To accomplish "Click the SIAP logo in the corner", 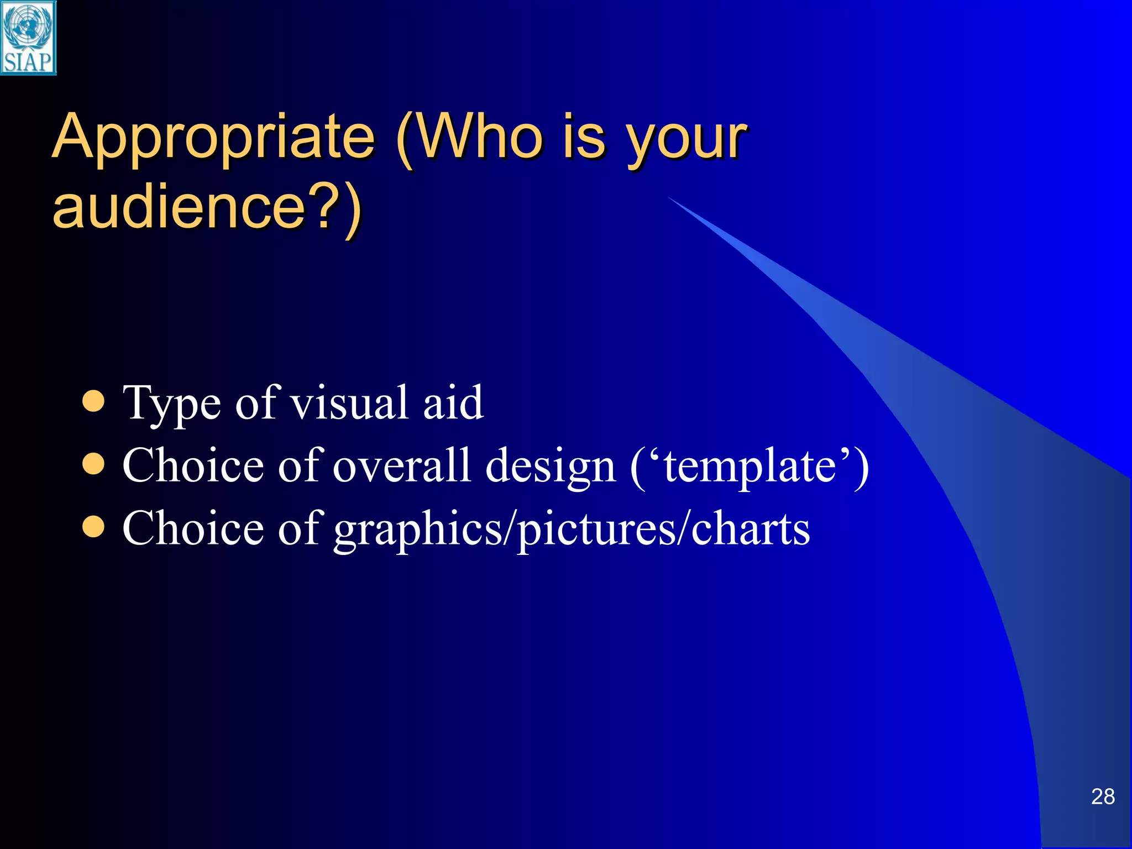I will [28, 38].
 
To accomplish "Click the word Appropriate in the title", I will [213, 137].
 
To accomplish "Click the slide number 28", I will [1102, 796].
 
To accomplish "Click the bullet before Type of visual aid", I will [93, 402].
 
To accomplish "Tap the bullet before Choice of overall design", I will [93, 465].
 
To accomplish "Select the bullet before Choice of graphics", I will [93, 527].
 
